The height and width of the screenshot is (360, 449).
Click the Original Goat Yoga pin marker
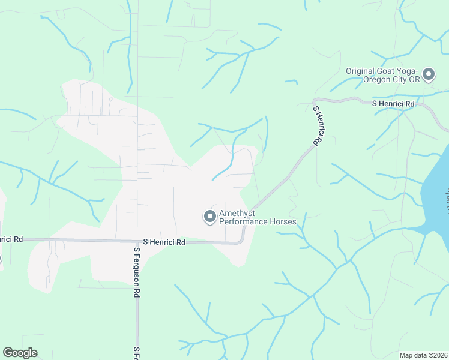(429, 74)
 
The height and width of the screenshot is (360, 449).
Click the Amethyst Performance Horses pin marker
(210, 216)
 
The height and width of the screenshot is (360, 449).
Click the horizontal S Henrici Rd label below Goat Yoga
(394, 104)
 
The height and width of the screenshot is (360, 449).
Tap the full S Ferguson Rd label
(137, 274)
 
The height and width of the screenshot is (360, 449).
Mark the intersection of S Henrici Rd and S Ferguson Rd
(137, 241)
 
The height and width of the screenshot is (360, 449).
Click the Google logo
(20, 353)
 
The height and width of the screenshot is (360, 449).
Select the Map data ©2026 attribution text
(424, 355)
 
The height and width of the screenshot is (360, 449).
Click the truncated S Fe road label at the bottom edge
(137, 353)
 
